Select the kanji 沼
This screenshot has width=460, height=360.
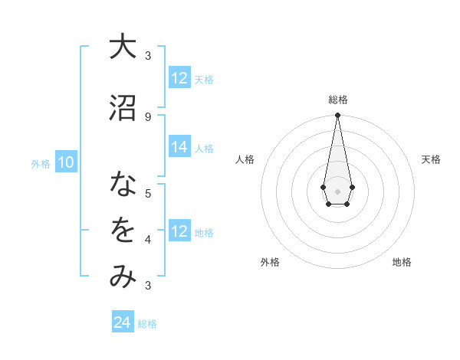pos(122,107)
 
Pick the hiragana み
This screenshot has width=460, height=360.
pos(122,277)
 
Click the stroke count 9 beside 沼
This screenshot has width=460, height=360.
pos(148,116)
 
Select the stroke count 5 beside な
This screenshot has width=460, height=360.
pos(148,193)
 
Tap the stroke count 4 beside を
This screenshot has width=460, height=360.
pos(148,239)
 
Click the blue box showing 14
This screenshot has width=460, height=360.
pos(179,148)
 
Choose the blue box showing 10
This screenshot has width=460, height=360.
pos(65,162)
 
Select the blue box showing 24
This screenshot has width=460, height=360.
pos(123,322)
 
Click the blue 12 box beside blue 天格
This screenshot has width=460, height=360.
pos(179,78)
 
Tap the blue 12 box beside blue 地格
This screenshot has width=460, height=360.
pos(179,232)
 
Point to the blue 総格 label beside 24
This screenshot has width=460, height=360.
pos(147,324)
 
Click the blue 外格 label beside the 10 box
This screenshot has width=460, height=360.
pos(40,163)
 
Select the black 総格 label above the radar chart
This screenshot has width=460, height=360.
pos(337,100)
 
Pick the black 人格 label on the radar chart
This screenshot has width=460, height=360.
pos(245,159)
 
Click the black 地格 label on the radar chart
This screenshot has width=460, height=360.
pos(402,262)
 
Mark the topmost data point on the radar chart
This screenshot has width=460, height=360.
pos(337,116)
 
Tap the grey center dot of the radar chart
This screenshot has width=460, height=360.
pos(337,190)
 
